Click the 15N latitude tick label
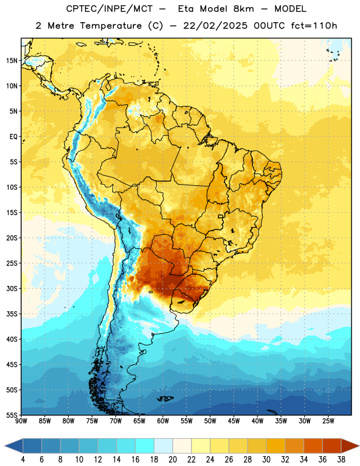pos(12,61)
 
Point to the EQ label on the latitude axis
pos(13,137)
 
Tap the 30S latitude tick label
pos(12,288)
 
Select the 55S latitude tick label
pos(12,415)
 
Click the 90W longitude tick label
pos(21,421)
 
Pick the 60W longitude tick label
pos(163,421)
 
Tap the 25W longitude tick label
pos(328,421)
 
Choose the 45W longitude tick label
pos(234,421)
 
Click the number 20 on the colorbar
pos(172,460)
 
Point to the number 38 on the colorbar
pos(341,460)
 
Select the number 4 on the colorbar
pos(23,460)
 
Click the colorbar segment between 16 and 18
pos(145,446)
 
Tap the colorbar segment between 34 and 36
pos(313,446)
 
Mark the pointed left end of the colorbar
pos(5,446)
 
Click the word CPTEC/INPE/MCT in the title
pos(110,9)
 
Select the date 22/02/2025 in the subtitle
pos(215,26)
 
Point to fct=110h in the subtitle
pos(314,26)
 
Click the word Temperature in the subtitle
pos(111,26)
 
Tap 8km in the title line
pos(243,9)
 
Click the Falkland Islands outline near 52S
pos(165,398)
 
